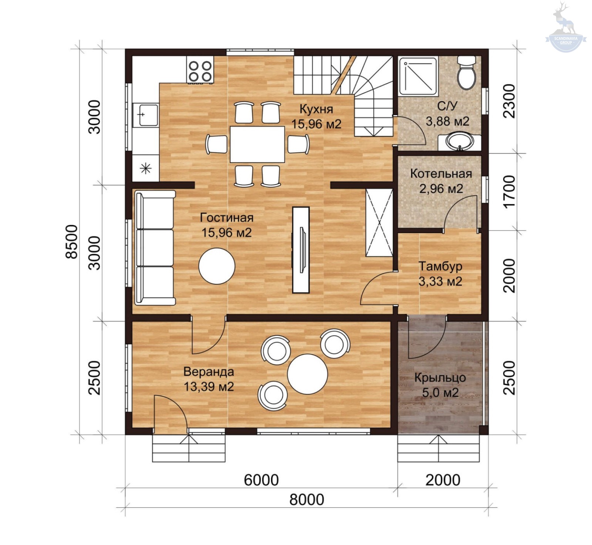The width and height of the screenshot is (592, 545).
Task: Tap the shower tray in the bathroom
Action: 418,76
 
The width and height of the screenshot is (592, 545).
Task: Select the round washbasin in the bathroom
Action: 460,142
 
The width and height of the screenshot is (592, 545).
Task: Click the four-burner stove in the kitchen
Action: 200,71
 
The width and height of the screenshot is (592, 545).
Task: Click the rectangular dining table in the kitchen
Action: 257,144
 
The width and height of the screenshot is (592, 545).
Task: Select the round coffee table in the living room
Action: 217,266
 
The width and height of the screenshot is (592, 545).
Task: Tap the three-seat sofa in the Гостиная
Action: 155,248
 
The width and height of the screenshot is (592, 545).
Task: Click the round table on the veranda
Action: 307,374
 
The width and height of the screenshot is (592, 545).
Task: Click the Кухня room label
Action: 316,109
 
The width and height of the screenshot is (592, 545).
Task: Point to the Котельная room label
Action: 441,174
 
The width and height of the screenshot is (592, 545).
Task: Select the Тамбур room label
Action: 440,266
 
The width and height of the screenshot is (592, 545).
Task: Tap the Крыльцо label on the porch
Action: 440,377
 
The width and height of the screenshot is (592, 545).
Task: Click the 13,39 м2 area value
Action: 209,387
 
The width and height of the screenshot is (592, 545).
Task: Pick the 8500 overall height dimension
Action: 72,242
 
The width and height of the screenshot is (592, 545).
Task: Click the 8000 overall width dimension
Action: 307,499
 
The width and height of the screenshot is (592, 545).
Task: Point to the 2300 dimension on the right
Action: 509,101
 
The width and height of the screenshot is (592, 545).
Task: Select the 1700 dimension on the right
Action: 509,192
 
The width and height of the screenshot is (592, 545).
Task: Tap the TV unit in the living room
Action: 301,250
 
